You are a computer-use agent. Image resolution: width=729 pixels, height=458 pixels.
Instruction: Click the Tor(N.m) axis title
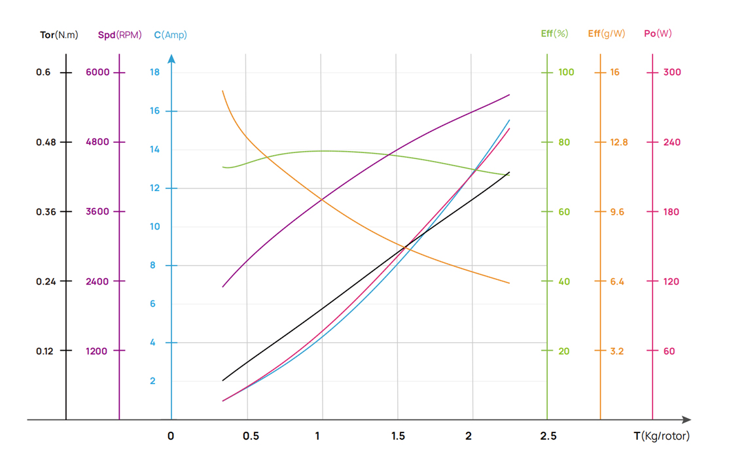point(59,35)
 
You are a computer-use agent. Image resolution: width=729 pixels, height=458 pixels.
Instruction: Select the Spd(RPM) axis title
point(120,35)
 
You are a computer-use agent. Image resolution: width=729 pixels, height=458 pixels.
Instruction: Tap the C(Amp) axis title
point(170,35)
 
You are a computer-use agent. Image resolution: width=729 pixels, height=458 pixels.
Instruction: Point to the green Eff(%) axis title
point(554,33)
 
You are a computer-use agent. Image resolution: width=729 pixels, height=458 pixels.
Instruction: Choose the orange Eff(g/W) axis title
point(606,33)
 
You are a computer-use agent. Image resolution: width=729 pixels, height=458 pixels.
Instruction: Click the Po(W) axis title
point(658,33)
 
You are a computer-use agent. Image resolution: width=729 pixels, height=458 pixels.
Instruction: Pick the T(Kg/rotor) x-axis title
point(661,436)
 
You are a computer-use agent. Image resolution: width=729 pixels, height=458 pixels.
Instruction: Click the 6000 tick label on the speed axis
point(98,72)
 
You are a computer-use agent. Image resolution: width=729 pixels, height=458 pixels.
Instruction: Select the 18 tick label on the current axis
point(154,72)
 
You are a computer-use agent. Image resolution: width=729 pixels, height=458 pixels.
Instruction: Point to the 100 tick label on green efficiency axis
point(566,72)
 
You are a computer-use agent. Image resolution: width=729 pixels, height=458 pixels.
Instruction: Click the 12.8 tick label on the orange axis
point(618,142)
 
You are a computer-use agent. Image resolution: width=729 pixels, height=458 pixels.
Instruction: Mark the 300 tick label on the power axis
point(672,72)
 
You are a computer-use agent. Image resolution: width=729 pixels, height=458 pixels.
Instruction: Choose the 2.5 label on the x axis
point(548,436)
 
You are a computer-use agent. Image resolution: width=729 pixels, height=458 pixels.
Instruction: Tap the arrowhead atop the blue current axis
point(171,59)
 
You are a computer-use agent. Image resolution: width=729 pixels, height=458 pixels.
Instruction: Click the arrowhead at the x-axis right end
point(686,419)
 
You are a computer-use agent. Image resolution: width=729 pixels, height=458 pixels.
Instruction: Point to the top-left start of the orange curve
point(223,92)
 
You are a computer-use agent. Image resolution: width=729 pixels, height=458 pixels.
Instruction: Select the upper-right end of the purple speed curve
point(509,95)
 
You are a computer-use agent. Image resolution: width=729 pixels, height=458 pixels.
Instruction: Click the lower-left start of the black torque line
point(223,380)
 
